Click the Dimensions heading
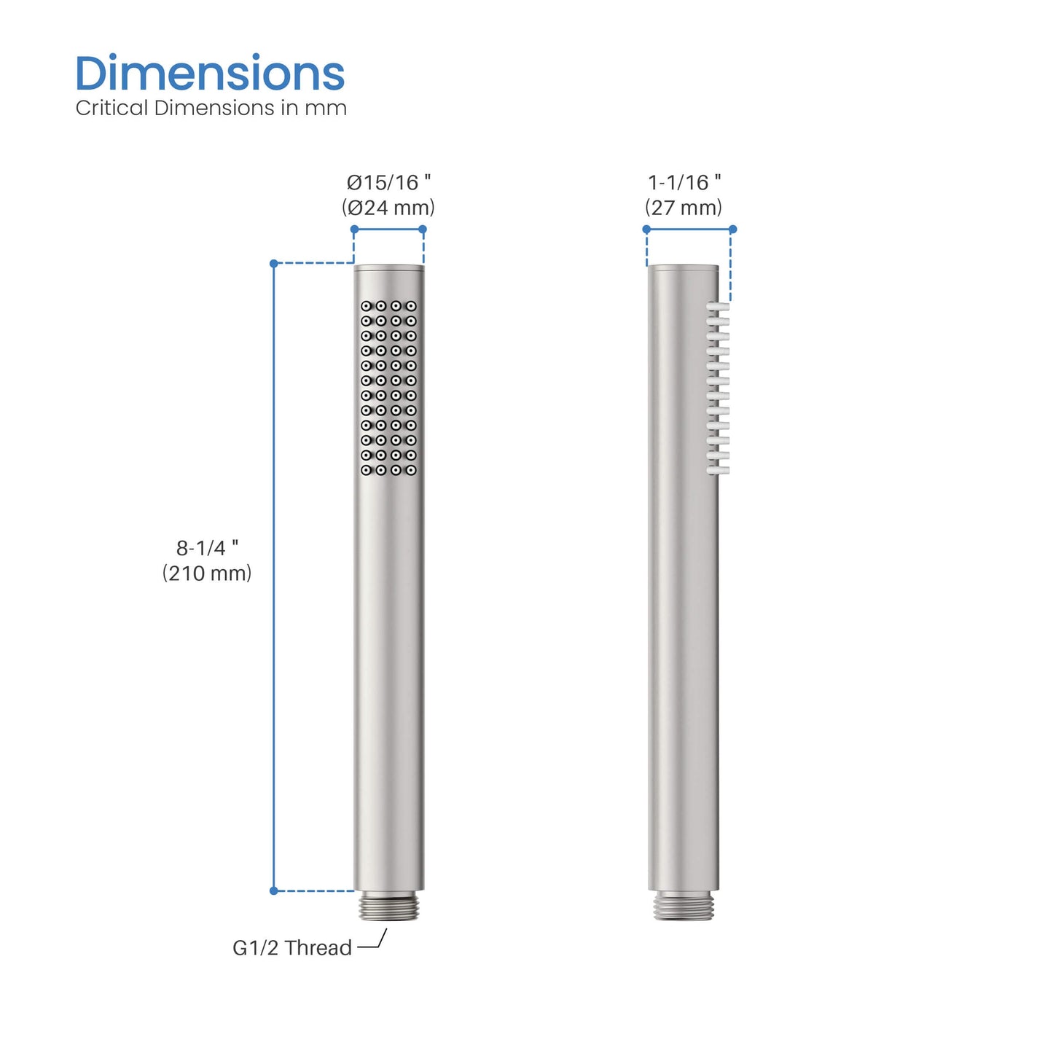coord(210,74)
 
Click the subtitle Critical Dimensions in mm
coord(211,108)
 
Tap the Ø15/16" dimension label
coord(388,182)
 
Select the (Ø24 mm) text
coord(388,208)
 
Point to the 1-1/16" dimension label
coord(684,182)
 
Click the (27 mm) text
coord(684,208)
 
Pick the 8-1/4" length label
coord(207,548)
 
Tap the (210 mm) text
coord(207,574)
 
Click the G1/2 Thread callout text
coord(292,947)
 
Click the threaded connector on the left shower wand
coord(389,906)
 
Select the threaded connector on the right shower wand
coord(683,906)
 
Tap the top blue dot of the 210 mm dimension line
coord(274,264)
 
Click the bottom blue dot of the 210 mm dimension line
coord(274,890)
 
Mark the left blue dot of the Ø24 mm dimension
coord(354,230)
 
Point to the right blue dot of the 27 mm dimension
coord(733,230)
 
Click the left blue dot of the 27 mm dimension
coord(646,230)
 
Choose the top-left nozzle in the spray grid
coord(366,306)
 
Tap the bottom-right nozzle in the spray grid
coord(411,470)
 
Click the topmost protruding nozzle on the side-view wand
coord(719,307)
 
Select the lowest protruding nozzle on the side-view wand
coord(719,471)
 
